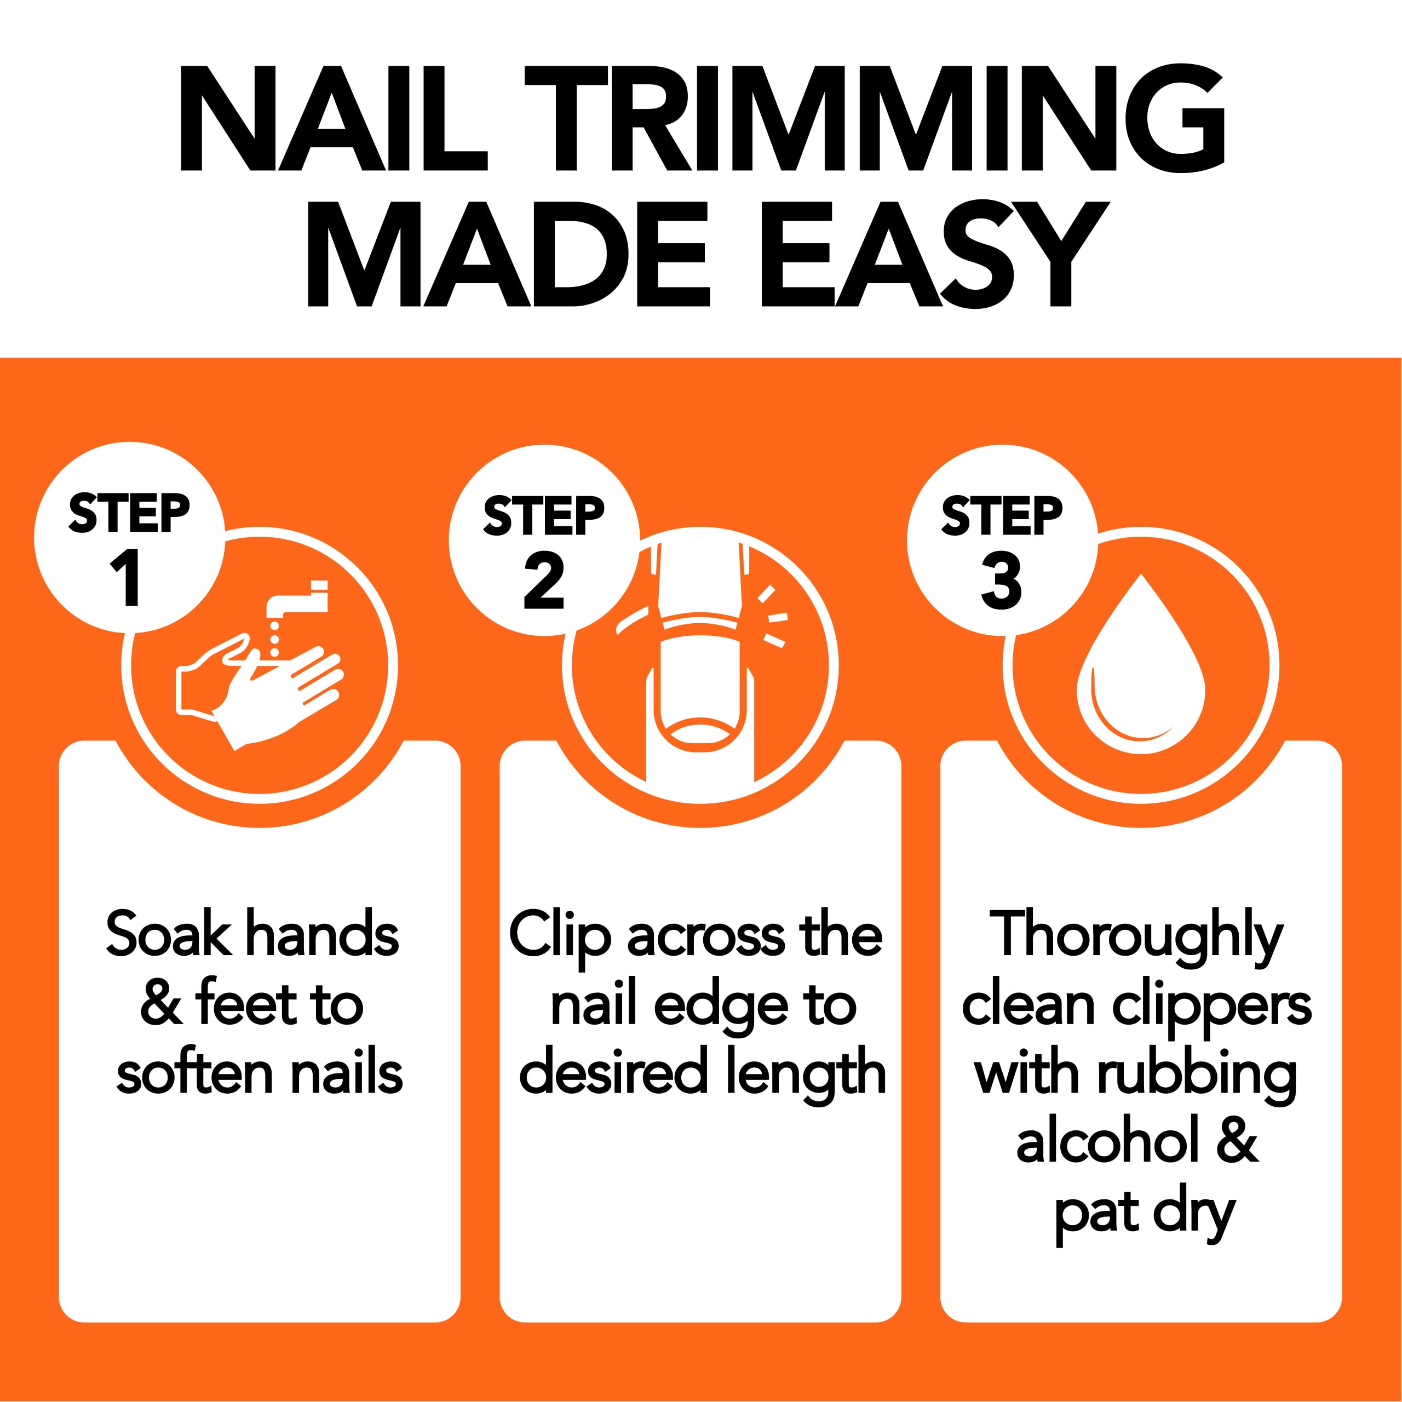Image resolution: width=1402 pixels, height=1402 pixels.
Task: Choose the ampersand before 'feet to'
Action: (161, 1004)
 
